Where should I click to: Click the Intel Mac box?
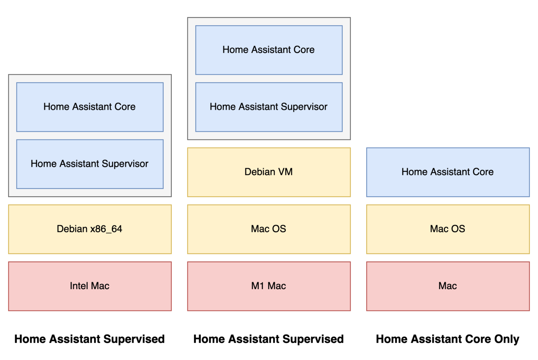coord(90,286)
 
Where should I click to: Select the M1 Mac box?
coord(269,286)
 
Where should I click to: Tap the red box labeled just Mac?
coord(448,286)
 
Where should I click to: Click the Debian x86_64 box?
coord(90,229)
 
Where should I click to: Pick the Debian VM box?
coord(269,172)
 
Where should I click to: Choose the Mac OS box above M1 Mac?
coord(269,229)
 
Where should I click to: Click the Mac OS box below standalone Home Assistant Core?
coord(448,229)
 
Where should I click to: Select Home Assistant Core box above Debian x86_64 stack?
coord(90,107)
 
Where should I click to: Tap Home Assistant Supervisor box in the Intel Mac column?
coord(90,164)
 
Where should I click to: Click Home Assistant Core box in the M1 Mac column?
coord(269,50)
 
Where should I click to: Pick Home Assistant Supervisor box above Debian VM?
coord(269,107)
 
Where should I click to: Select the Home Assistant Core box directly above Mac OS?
coord(448,172)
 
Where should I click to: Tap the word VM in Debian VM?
coord(285,172)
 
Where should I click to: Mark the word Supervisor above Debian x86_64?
coord(125,164)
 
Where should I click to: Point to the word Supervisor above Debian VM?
coord(304,107)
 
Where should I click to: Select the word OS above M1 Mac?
coord(279,229)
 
